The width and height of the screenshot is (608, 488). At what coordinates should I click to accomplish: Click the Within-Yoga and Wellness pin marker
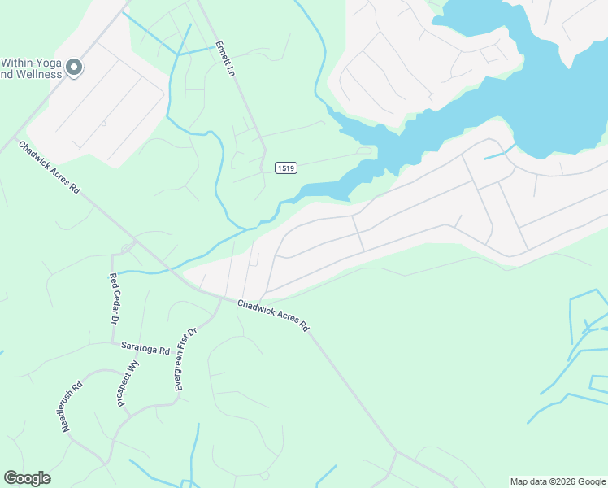click(74, 68)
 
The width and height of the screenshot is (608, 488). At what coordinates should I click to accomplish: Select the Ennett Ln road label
click(225, 59)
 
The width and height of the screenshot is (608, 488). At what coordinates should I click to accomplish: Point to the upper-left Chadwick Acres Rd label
click(50, 168)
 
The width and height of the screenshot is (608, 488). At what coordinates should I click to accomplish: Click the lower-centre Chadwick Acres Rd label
click(273, 316)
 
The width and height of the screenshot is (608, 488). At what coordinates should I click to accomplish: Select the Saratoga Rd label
click(145, 348)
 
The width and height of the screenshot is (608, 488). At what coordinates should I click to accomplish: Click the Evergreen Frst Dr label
click(186, 359)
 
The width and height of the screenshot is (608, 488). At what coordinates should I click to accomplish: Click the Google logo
click(27, 478)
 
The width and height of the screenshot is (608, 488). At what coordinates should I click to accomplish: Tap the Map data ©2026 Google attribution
click(558, 481)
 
